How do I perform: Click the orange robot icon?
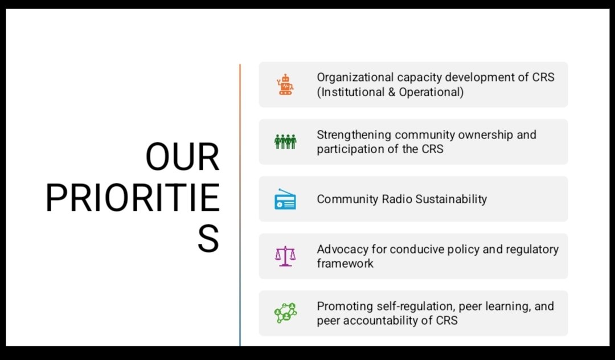coord(285,84)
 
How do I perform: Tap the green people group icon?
coord(285,141)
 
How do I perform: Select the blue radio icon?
coord(285,199)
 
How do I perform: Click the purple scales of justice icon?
coord(285,256)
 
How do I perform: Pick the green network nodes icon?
coord(285,313)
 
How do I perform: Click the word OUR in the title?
coord(182,158)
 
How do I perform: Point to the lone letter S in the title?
coord(208,240)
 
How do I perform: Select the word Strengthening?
coord(354,135)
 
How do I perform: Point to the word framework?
coord(345,264)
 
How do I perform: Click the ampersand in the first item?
coord(392,92)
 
